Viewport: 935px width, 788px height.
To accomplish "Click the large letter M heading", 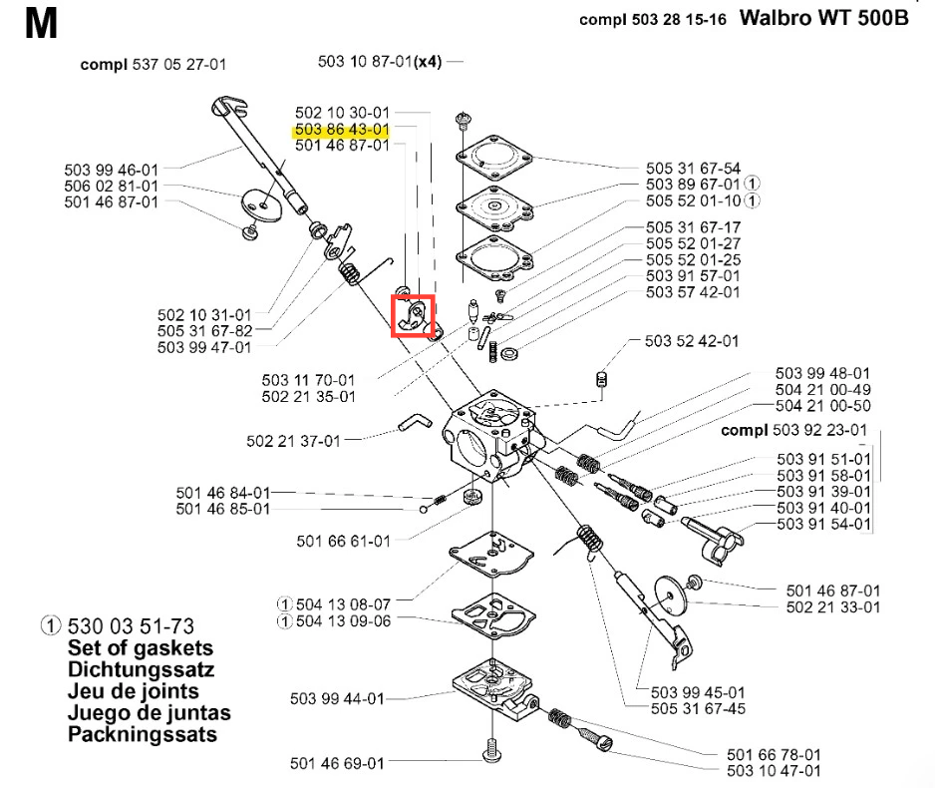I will pos(42,25).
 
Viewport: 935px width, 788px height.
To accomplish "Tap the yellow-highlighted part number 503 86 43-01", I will pos(341,130).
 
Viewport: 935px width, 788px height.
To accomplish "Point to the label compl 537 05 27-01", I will pos(154,65).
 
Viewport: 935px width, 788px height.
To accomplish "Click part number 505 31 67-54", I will pos(694,168).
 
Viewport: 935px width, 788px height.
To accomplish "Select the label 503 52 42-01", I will pos(692,340).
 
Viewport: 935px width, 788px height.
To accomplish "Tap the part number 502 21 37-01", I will pos(293,440).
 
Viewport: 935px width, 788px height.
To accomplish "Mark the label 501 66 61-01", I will pos(343,541).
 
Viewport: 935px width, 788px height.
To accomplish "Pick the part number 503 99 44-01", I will pos(336,698).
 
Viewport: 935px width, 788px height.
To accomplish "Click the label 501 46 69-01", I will pos(337,764).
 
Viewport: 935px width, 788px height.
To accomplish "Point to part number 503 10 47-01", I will pos(775,770).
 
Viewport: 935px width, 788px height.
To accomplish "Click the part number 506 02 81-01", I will pos(111,186).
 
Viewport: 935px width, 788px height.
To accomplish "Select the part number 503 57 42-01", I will pos(694,292).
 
